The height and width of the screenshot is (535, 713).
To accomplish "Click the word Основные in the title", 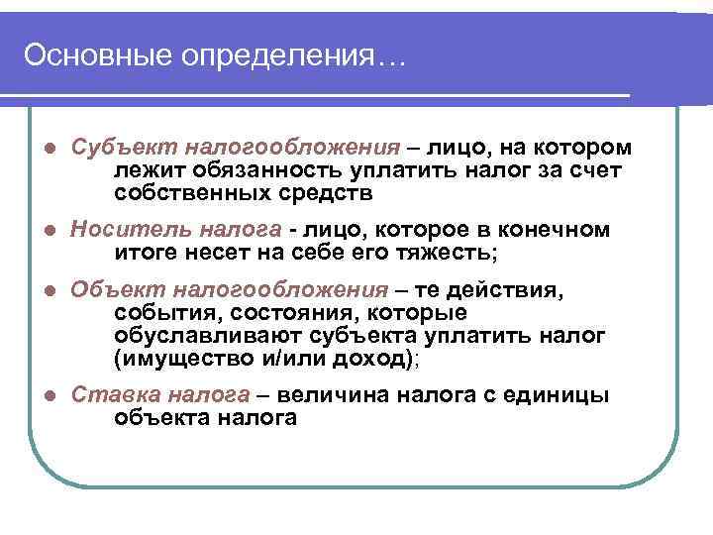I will click(x=96, y=54).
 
